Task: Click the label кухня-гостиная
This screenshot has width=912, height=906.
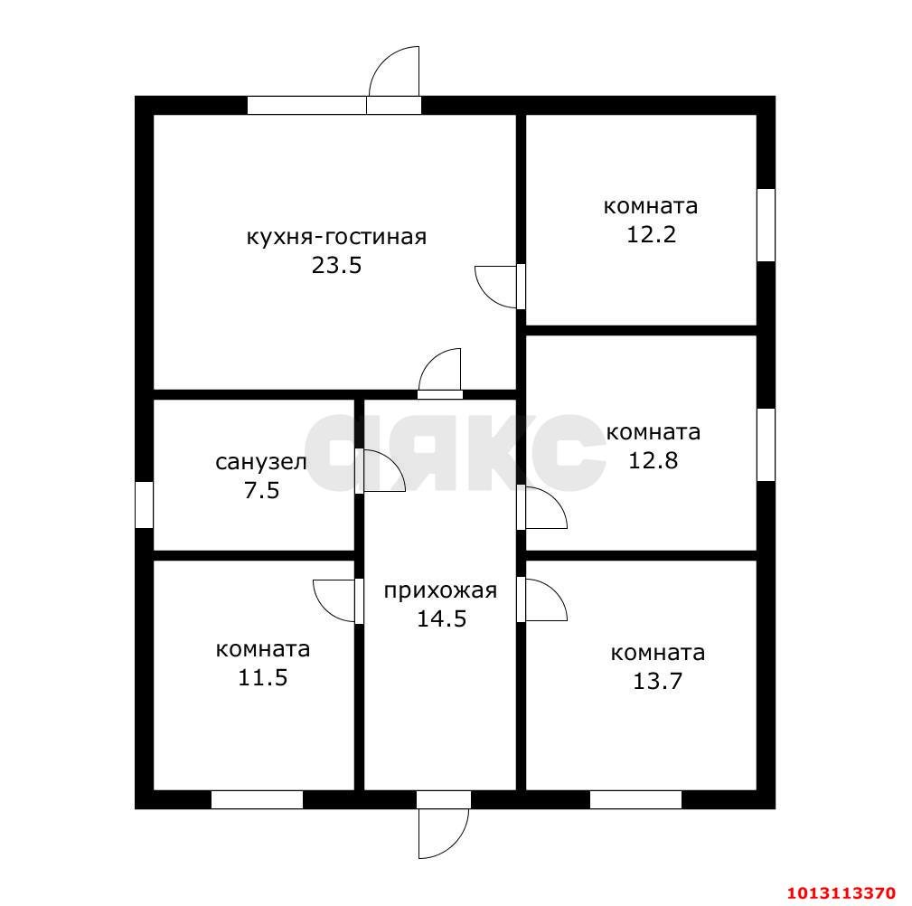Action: [x=337, y=238]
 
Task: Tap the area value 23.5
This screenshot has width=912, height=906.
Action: [x=337, y=265]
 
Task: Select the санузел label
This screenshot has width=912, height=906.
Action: [x=261, y=462]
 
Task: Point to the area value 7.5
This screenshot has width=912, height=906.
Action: [x=262, y=491]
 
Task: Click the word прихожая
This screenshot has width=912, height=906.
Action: [x=440, y=590]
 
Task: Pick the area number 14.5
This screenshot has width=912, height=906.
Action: [x=442, y=618]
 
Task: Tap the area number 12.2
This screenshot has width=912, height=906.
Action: [x=652, y=234]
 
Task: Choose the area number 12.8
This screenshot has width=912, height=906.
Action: [x=653, y=461]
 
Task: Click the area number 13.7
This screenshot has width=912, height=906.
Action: [x=657, y=681]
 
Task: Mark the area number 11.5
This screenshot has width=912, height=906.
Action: [x=263, y=677]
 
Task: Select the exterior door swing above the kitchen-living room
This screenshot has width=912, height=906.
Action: [x=394, y=71]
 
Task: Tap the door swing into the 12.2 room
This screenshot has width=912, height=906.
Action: [x=495, y=287]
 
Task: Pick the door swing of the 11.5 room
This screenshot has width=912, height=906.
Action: [x=334, y=600]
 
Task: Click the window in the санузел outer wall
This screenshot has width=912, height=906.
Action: [x=145, y=505]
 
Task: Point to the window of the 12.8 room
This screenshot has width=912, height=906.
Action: [x=766, y=445]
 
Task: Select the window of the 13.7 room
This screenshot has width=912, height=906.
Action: [x=635, y=800]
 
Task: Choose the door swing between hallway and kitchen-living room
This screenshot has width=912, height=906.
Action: [x=439, y=369]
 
